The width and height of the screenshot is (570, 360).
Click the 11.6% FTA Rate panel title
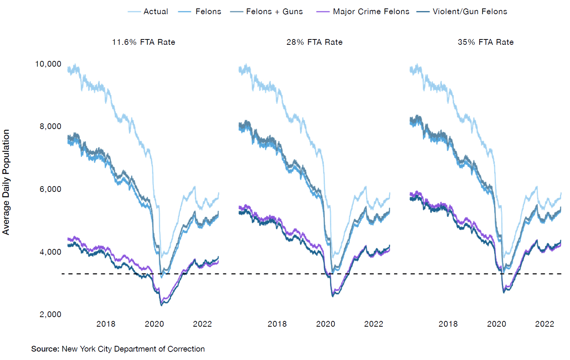point(144,42)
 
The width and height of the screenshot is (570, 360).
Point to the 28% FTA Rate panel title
point(314,42)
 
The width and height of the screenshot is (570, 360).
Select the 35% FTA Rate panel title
point(486,42)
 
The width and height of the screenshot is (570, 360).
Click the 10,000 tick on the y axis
point(48,64)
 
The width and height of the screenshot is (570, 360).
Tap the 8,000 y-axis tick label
point(50,126)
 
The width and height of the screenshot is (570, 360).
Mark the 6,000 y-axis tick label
point(50,189)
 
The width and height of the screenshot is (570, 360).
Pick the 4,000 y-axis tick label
point(50,252)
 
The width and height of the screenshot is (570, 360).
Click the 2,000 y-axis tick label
point(50,314)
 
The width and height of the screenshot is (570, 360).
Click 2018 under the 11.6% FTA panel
point(106,324)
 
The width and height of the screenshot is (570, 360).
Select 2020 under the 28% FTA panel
point(326,324)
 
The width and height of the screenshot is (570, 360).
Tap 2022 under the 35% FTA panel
point(544,324)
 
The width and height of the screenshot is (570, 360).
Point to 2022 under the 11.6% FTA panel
point(202,324)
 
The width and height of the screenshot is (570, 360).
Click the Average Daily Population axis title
point(6,182)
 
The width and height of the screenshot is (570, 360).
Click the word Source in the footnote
point(45,349)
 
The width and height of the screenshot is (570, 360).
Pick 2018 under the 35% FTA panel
point(448,324)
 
